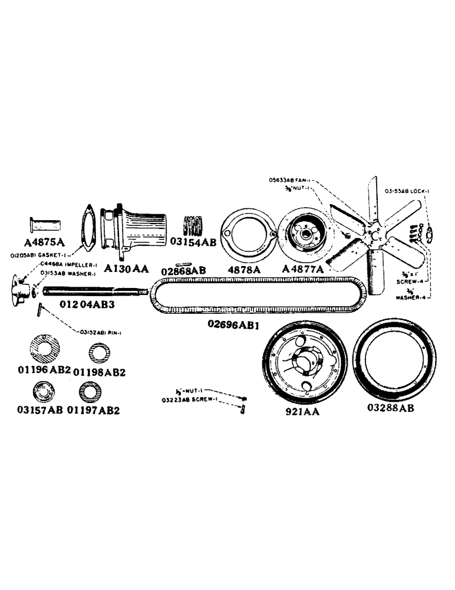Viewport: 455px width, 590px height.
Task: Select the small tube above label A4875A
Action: pyautogui.click(x=46, y=226)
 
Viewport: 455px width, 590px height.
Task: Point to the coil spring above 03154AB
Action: pyautogui.click(x=195, y=226)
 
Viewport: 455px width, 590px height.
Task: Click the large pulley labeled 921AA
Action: pyautogui.click(x=303, y=368)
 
